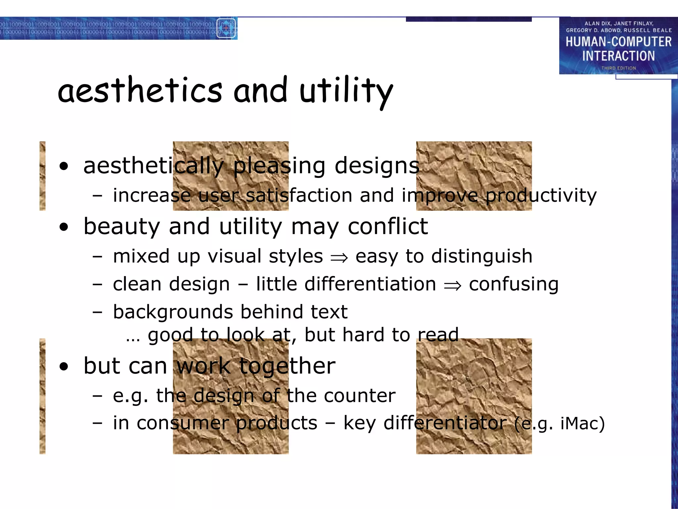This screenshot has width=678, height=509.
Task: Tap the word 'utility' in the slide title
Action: click(346, 91)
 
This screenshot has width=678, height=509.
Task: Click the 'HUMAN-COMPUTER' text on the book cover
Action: click(618, 42)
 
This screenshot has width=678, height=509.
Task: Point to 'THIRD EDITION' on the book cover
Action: click(618, 68)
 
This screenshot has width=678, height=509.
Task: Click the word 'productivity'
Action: click(541, 195)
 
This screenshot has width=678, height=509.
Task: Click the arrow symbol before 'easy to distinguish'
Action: click(339, 257)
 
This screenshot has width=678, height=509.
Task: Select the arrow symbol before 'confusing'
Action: click(453, 285)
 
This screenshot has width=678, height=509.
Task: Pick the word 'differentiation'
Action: click(370, 284)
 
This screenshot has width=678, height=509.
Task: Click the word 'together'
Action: click(287, 366)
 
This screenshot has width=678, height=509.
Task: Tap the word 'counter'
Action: click(360, 395)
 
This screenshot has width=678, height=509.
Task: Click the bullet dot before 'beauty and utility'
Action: click(64, 227)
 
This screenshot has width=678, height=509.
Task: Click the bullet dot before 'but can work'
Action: click(64, 367)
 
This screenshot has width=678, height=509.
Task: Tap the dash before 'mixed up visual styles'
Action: click(97, 256)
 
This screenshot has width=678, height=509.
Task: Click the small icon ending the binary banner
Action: click(226, 28)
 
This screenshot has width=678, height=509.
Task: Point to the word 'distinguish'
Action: click(482, 256)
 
